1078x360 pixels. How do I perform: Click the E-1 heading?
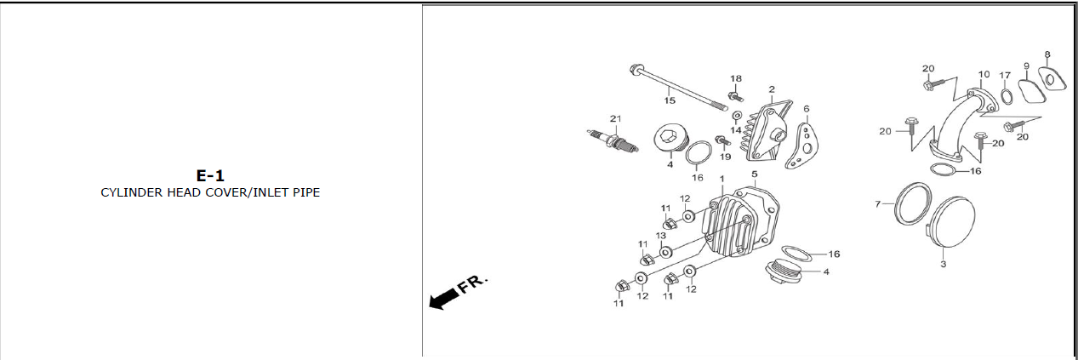coord(210,175)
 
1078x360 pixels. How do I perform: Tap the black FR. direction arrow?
coord(443,299)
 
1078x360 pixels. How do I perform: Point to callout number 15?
coord(670,100)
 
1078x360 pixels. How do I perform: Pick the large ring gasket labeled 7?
coord(912,203)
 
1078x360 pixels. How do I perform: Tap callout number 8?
coord(1047,54)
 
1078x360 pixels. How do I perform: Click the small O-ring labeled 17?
coord(1006,96)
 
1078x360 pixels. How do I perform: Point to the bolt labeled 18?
coord(736,96)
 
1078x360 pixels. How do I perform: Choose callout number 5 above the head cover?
coord(754,174)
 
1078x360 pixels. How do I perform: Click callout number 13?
coord(661,236)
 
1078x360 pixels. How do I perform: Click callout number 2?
coord(772,89)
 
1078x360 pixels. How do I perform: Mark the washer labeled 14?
coord(736,116)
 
